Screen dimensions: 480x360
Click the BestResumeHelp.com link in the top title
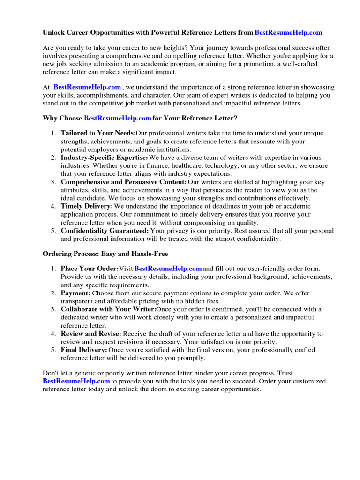pyautogui.click(x=288, y=33)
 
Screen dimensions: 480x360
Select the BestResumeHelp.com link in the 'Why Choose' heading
pyautogui.click(x=117, y=118)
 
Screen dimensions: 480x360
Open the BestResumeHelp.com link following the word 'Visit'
pyautogui.click(x=168, y=269)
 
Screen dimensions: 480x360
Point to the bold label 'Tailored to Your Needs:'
pyautogui.click(x=97, y=133)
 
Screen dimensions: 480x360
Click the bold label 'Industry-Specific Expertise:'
pyautogui.click(x=104, y=157)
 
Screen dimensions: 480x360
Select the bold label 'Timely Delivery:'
pyautogui.click(x=87, y=206)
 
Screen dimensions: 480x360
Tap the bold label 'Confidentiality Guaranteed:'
pyautogui.click(x=105, y=231)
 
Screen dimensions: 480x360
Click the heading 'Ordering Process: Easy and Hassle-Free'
pyautogui.click(x=105, y=254)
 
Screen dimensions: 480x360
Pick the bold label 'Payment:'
pyautogui.click(x=75, y=293)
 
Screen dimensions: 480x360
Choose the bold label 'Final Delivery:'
pyautogui.click(x=84, y=350)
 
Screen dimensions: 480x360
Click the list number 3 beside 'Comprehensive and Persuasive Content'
pyautogui.click(x=53, y=182)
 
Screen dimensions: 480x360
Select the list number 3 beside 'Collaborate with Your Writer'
pyautogui.click(x=53, y=309)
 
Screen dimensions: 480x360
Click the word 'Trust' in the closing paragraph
pyautogui.click(x=285, y=373)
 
